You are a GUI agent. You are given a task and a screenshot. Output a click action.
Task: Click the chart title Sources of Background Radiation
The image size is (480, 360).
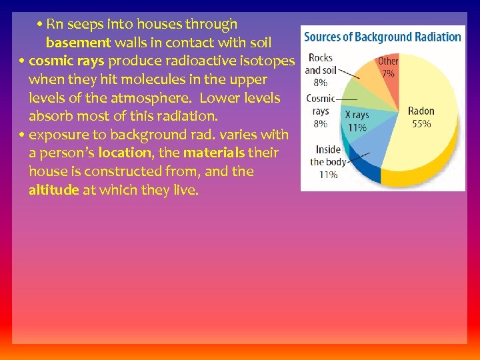[x=383, y=37]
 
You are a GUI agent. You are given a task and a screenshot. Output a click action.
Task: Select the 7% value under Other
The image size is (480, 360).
[x=388, y=73]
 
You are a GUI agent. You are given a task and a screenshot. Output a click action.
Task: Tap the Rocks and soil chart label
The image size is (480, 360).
[x=320, y=64]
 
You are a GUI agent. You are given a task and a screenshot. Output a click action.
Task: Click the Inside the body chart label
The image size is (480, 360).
[x=328, y=156]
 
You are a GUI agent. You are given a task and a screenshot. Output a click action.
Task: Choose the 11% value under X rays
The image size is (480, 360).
[x=357, y=127]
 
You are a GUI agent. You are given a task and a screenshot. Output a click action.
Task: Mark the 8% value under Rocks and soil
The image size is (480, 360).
[x=320, y=83]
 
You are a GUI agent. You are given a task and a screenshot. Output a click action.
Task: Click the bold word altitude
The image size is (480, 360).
[x=54, y=191]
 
